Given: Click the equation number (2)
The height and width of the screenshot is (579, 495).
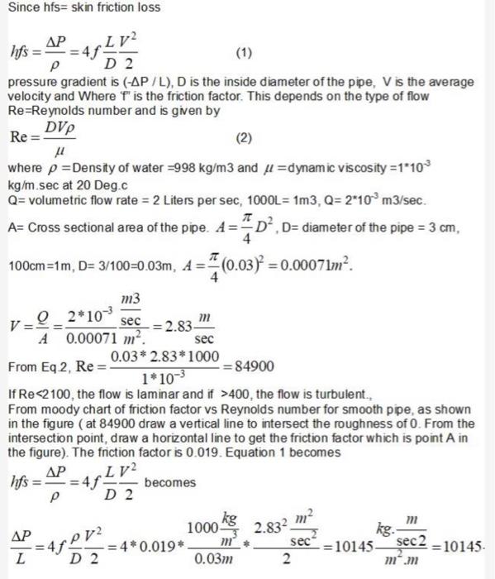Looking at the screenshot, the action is (x=245, y=136).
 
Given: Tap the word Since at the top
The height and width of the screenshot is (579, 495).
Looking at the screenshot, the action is (x=20, y=7).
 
